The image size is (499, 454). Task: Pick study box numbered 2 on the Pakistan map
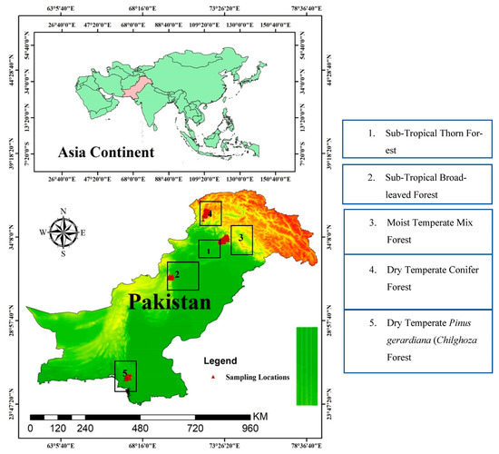tap(182, 274)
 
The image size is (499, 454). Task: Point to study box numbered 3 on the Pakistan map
tap(240, 240)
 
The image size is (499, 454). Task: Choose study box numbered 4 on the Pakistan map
tap(210, 213)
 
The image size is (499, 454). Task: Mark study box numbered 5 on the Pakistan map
tap(125, 375)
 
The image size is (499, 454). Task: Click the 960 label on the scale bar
tap(251, 428)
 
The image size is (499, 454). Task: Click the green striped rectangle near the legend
tap(307, 353)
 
